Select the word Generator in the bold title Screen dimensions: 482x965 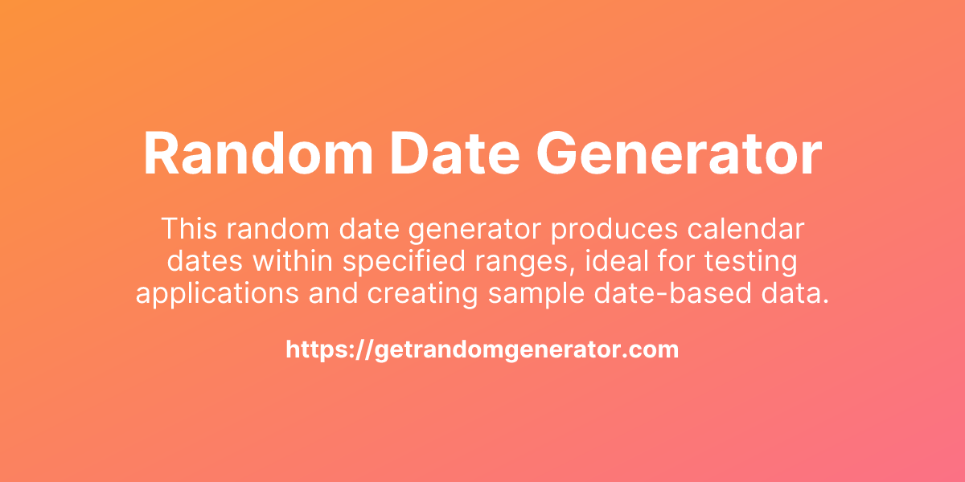point(670,154)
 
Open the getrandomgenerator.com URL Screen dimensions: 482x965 point(482,349)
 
